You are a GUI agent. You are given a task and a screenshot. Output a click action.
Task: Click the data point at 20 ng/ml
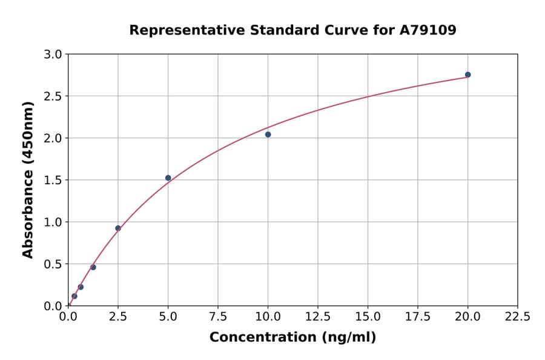pos(467,75)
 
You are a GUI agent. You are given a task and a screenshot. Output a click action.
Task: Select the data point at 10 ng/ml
pos(268,135)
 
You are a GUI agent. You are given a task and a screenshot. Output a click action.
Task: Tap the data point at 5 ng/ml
pos(168,178)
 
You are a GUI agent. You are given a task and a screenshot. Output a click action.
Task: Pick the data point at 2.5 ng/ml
pos(118,228)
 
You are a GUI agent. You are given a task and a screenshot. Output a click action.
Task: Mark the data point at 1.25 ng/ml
pos(93,267)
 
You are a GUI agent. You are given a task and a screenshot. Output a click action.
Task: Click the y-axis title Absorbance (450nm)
pos(28,180)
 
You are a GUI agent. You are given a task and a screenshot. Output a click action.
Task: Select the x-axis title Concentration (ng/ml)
pos(292,337)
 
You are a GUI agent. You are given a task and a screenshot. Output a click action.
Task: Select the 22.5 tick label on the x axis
pos(517,317)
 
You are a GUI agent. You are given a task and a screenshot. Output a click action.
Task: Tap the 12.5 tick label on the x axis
pos(318,317)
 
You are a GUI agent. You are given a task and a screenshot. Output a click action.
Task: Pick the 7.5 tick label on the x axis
pos(218,317)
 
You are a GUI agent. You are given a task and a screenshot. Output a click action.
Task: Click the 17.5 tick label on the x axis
pos(418,317)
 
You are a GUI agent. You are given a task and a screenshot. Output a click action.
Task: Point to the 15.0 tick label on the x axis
pos(368,317)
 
